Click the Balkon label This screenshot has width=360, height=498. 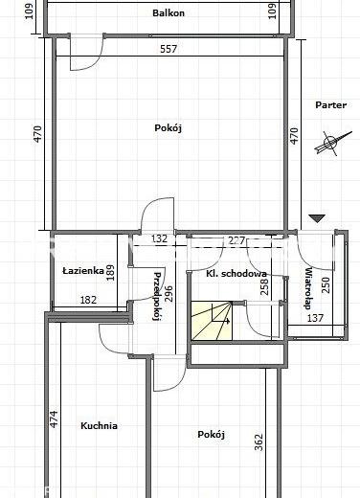tap(169, 13)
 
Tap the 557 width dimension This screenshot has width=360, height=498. tap(169, 49)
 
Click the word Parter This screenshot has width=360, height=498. tap(330, 105)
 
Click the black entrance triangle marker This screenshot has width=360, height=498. tap(317, 218)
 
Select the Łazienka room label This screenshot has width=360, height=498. tap(83, 271)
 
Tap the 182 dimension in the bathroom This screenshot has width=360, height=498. tap(88, 300)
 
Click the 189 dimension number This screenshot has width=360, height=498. tap(110, 273)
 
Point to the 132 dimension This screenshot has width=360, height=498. tap(159, 238)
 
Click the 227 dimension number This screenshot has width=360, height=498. tap(236, 240)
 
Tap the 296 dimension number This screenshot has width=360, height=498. tap(169, 293)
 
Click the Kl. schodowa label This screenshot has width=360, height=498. tap(236, 274)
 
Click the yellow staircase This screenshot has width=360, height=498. tap(212, 321)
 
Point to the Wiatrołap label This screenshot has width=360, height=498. tap(307, 288)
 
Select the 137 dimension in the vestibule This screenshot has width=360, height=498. tap(315, 318)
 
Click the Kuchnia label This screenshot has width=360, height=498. tap(99, 425)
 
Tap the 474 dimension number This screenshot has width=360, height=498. tap(54, 419)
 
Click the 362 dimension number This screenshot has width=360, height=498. tap(259, 442)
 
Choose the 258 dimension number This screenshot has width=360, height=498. tap(265, 286)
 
